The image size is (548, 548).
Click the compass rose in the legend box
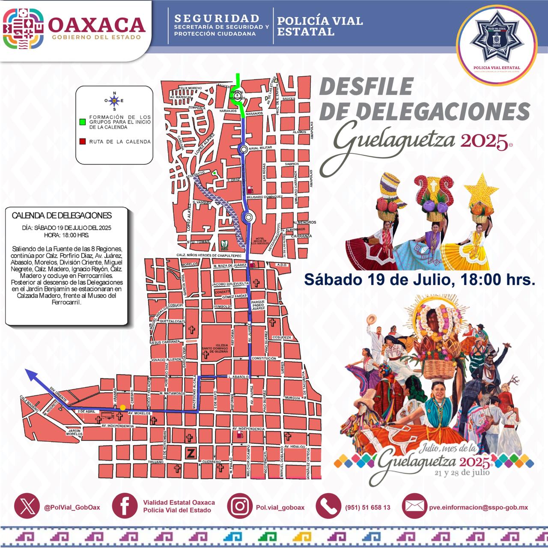click(x=114, y=101)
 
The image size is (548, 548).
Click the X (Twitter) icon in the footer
click(x=27, y=506)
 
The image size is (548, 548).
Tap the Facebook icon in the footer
click(x=125, y=506)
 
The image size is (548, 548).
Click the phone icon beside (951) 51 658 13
click(x=328, y=506)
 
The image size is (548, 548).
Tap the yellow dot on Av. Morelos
click(x=122, y=408)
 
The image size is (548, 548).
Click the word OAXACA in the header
click(x=96, y=25)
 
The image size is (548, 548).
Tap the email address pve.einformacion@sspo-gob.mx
click(x=478, y=507)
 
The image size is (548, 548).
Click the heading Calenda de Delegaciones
click(x=62, y=215)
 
